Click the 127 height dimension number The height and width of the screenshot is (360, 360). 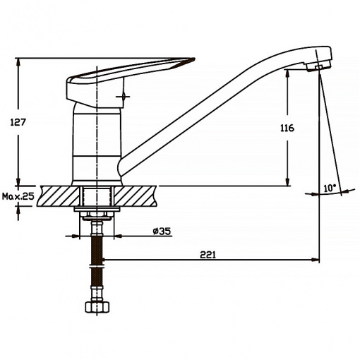pos(18,122)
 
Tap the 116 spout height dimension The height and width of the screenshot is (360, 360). pos(287,128)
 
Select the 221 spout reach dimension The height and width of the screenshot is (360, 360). pos(208,255)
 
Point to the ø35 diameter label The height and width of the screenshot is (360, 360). pos(162,232)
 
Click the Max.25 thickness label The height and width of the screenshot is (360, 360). pos(18,196)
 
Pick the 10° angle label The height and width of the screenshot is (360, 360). pos(330,188)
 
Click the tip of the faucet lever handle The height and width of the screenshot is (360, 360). pos(195,59)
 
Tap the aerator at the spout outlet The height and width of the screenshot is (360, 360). pos(318,66)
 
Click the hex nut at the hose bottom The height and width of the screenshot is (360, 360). pos(97,307)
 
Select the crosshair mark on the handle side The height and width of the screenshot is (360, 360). pos(123,96)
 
